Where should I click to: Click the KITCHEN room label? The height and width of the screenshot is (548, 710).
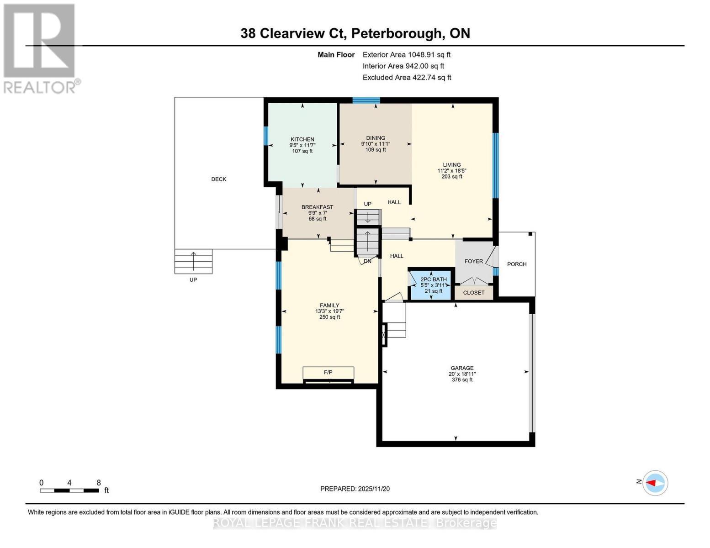click(302, 139)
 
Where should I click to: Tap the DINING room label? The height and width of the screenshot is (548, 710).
click(376, 138)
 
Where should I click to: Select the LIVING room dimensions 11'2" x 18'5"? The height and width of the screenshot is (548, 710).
click(451, 171)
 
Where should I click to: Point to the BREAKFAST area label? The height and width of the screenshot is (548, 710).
click(317, 207)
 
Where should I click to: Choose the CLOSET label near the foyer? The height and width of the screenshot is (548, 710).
click(473, 293)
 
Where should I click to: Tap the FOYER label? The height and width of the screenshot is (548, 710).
click(473, 261)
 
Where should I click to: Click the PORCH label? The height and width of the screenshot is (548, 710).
click(517, 264)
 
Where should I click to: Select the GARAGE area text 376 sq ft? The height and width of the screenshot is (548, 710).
click(462, 379)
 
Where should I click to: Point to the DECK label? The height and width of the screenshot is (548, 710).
click(218, 179)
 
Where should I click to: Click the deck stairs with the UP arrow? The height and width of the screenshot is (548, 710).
click(193, 261)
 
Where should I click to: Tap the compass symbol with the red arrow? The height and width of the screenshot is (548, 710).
click(655, 483)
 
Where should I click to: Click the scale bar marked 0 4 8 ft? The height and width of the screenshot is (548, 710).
click(69, 490)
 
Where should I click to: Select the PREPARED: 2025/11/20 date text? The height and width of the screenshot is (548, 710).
click(355, 489)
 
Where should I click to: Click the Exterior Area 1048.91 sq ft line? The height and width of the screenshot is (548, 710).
click(406, 54)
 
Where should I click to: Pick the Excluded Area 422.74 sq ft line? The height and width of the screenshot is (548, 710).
click(407, 77)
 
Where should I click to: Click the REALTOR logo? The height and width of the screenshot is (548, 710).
click(40, 48)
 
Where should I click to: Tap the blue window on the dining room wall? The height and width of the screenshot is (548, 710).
click(366, 100)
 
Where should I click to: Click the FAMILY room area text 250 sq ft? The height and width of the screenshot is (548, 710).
click(329, 317)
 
